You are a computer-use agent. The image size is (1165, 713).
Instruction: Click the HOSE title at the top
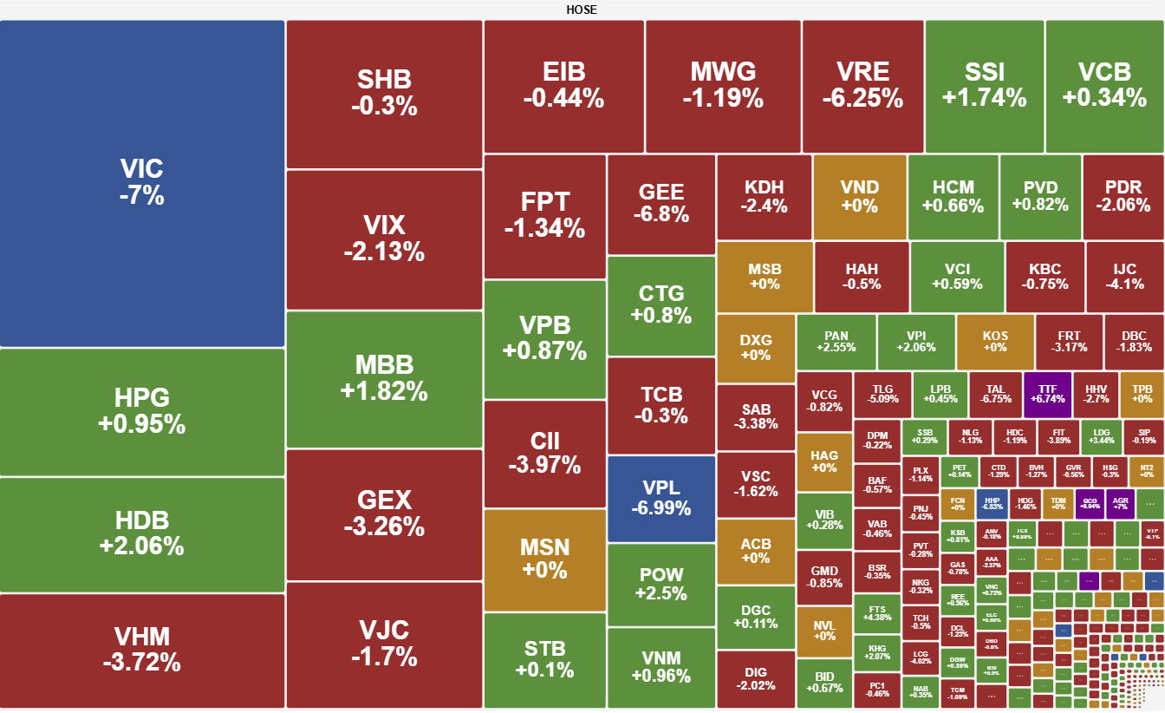tap(582, 10)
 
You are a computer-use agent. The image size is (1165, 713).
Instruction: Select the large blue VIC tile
tap(142, 183)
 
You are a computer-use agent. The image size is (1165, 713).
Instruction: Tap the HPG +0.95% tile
tap(142, 411)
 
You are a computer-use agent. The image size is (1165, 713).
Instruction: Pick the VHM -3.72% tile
tap(142, 650)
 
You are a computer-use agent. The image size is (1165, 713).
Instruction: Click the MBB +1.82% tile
tap(384, 378)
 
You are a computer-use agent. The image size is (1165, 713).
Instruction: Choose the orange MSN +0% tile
tap(544, 559)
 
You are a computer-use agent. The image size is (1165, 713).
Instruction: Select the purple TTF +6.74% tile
tap(1047, 395)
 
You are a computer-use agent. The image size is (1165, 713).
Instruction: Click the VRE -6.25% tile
tap(862, 85)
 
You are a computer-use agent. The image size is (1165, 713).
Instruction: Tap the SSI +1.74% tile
tap(984, 85)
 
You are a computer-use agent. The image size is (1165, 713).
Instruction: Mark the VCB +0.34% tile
tap(1104, 85)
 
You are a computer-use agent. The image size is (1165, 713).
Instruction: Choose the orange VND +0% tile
tap(859, 197)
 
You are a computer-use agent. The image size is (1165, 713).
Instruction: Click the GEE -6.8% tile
tap(661, 203)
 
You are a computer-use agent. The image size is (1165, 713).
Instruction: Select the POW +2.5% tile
tap(661, 584)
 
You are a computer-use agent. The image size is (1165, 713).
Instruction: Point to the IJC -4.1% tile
tap(1125, 276)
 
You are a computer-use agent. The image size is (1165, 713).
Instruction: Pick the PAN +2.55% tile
tap(836, 342)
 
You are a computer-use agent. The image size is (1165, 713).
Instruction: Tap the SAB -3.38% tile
tap(756, 417)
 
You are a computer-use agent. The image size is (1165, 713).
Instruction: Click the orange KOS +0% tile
tap(995, 342)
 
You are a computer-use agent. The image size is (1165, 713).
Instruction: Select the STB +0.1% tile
tap(544, 659)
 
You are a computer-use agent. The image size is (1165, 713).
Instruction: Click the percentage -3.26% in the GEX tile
tap(384, 527)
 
